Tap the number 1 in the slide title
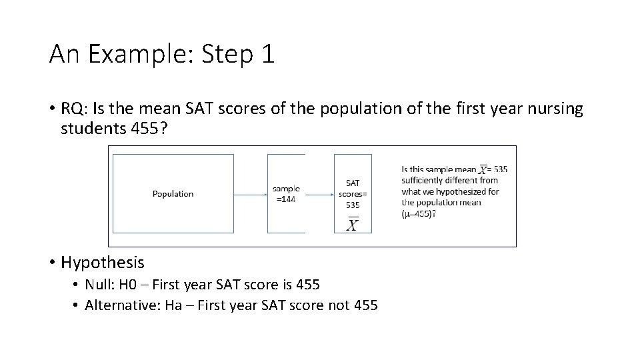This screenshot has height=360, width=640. (267, 55)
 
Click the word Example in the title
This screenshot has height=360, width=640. (133, 55)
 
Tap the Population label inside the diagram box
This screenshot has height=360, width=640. (173, 194)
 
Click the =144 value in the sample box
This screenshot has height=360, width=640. (287, 199)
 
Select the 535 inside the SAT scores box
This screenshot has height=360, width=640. (353, 205)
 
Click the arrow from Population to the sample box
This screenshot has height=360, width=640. (250, 195)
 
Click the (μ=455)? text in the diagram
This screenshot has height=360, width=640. (419, 214)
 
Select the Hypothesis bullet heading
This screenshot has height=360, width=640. (102, 263)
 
